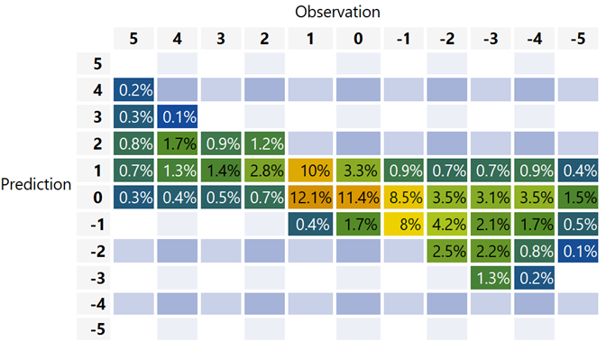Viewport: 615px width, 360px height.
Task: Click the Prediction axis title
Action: [x=36, y=184]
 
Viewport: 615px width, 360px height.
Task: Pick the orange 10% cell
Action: [x=311, y=171]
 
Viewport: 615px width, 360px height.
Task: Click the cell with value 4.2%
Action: [x=445, y=224]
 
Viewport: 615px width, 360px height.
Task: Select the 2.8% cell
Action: [x=267, y=171]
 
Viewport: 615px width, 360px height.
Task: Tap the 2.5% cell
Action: [x=445, y=251]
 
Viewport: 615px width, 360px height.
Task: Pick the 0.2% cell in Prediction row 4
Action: [x=133, y=90]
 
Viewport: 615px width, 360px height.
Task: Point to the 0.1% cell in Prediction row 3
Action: [x=178, y=117]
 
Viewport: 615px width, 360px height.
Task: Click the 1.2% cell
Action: [x=267, y=143]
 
